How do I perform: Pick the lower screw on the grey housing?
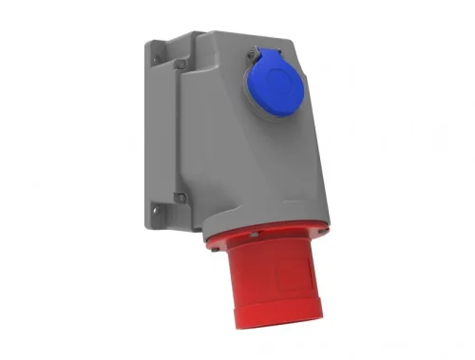(180, 198)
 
